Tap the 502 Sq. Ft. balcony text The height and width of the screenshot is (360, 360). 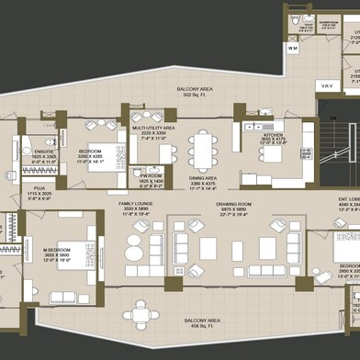coord(197,96)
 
